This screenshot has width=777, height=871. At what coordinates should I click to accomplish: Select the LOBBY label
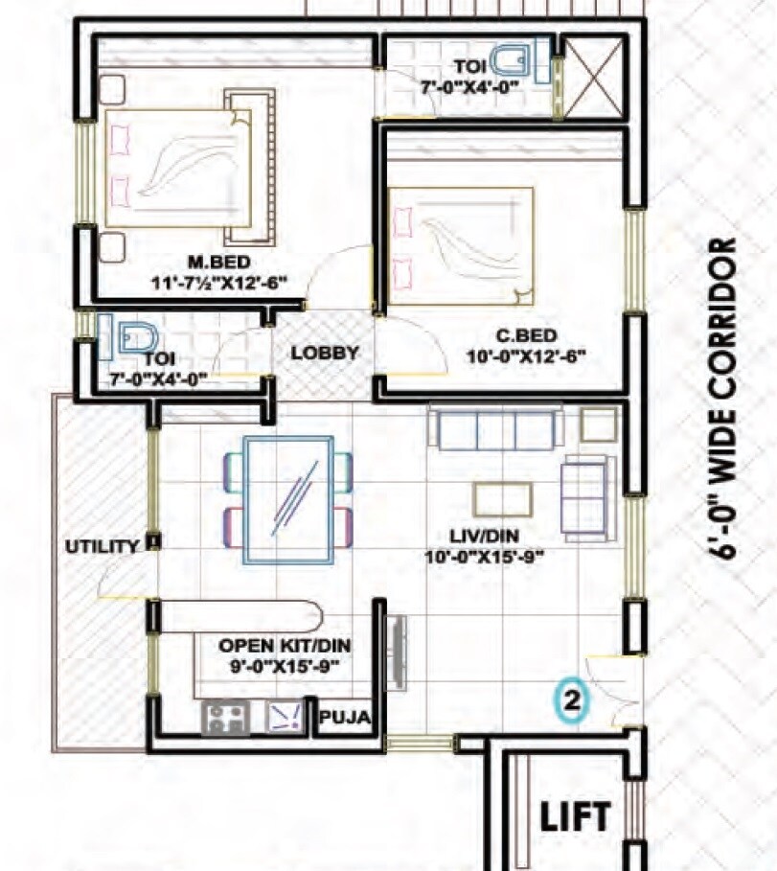[325, 353]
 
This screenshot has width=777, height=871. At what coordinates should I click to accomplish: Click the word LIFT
[575, 817]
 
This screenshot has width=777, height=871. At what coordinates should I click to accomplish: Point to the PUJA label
[346, 718]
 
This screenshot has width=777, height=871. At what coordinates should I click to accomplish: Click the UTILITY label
[102, 546]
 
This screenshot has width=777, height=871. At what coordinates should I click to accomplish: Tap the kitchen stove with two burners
[226, 717]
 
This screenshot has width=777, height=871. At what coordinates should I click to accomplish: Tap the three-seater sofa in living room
[495, 428]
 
